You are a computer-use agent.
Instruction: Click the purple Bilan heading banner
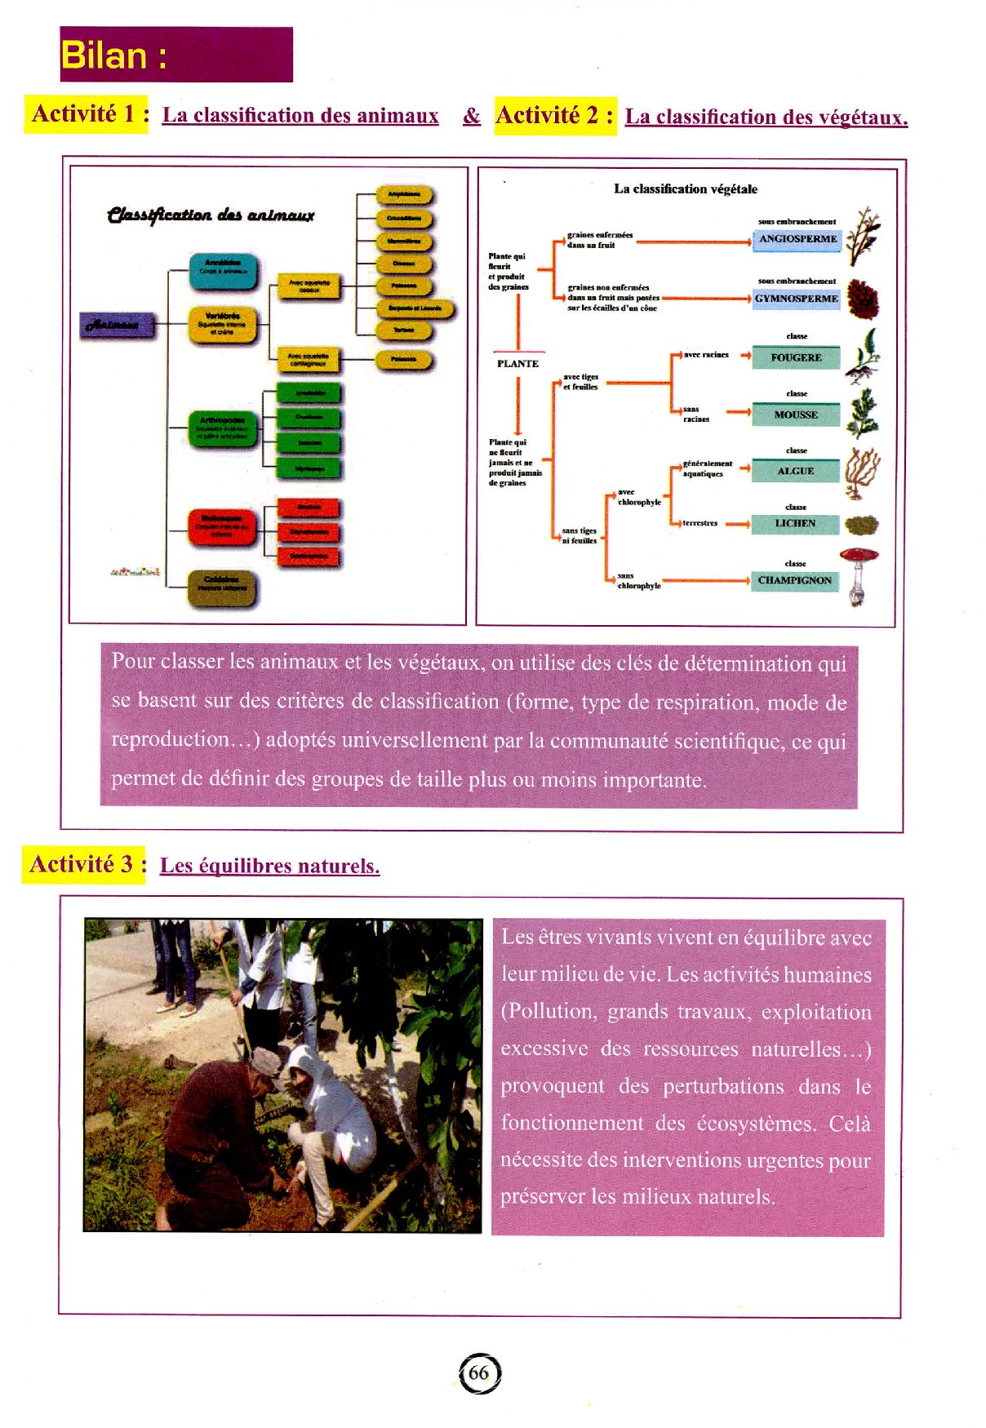pyautogui.click(x=175, y=55)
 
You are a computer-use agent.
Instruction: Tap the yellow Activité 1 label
pyautogui.click(x=87, y=114)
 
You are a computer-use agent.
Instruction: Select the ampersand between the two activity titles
pyautogui.click(x=472, y=116)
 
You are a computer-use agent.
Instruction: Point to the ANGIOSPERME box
pyautogui.click(x=797, y=239)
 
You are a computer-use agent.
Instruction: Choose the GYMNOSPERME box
pyautogui.click(x=796, y=299)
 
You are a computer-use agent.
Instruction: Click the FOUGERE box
pyautogui.click(x=796, y=357)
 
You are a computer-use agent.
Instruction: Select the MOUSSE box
pyautogui.click(x=796, y=415)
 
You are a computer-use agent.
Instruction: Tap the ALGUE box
pyautogui.click(x=796, y=471)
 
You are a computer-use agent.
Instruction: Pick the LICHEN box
pyautogui.click(x=796, y=523)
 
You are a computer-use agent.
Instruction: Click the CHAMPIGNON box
pyautogui.click(x=794, y=580)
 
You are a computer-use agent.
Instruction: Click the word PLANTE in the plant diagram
pyautogui.click(x=517, y=363)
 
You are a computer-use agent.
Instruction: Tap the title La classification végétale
pyautogui.click(x=686, y=188)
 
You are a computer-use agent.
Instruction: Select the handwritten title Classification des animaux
pyautogui.click(x=211, y=215)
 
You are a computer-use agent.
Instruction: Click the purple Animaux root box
pyautogui.click(x=117, y=325)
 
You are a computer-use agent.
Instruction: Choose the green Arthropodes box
pyautogui.click(x=222, y=428)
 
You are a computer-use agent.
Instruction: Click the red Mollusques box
pyautogui.click(x=222, y=527)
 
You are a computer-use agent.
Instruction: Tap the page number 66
pyautogui.click(x=479, y=1373)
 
